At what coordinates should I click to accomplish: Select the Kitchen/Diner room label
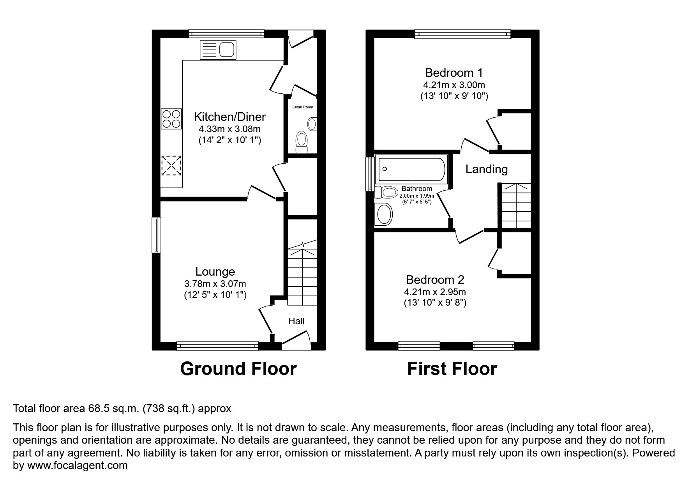click(x=229, y=117)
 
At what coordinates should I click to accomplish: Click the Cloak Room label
click(x=303, y=107)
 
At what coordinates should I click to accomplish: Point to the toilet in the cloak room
click(x=302, y=142)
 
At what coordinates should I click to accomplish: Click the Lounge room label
click(x=215, y=271)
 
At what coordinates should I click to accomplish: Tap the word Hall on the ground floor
click(x=296, y=321)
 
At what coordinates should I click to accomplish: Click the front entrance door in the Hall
click(x=296, y=339)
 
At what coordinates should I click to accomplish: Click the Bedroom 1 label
click(x=454, y=73)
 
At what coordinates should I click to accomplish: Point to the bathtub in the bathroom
click(x=411, y=169)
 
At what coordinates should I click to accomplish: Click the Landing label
click(x=487, y=169)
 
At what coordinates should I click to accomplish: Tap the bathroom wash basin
click(x=384, y=214)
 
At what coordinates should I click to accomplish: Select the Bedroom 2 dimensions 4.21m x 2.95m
click(x=435, y=292)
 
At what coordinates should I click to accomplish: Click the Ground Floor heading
click(x=238, y=369)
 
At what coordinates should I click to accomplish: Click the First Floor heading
click(x=452, y=369)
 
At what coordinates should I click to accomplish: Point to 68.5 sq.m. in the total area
click(x=113, y=409)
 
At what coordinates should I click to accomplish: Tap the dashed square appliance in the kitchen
click(x=171, y=166)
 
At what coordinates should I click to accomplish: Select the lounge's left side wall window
click(x=156, y=235)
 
